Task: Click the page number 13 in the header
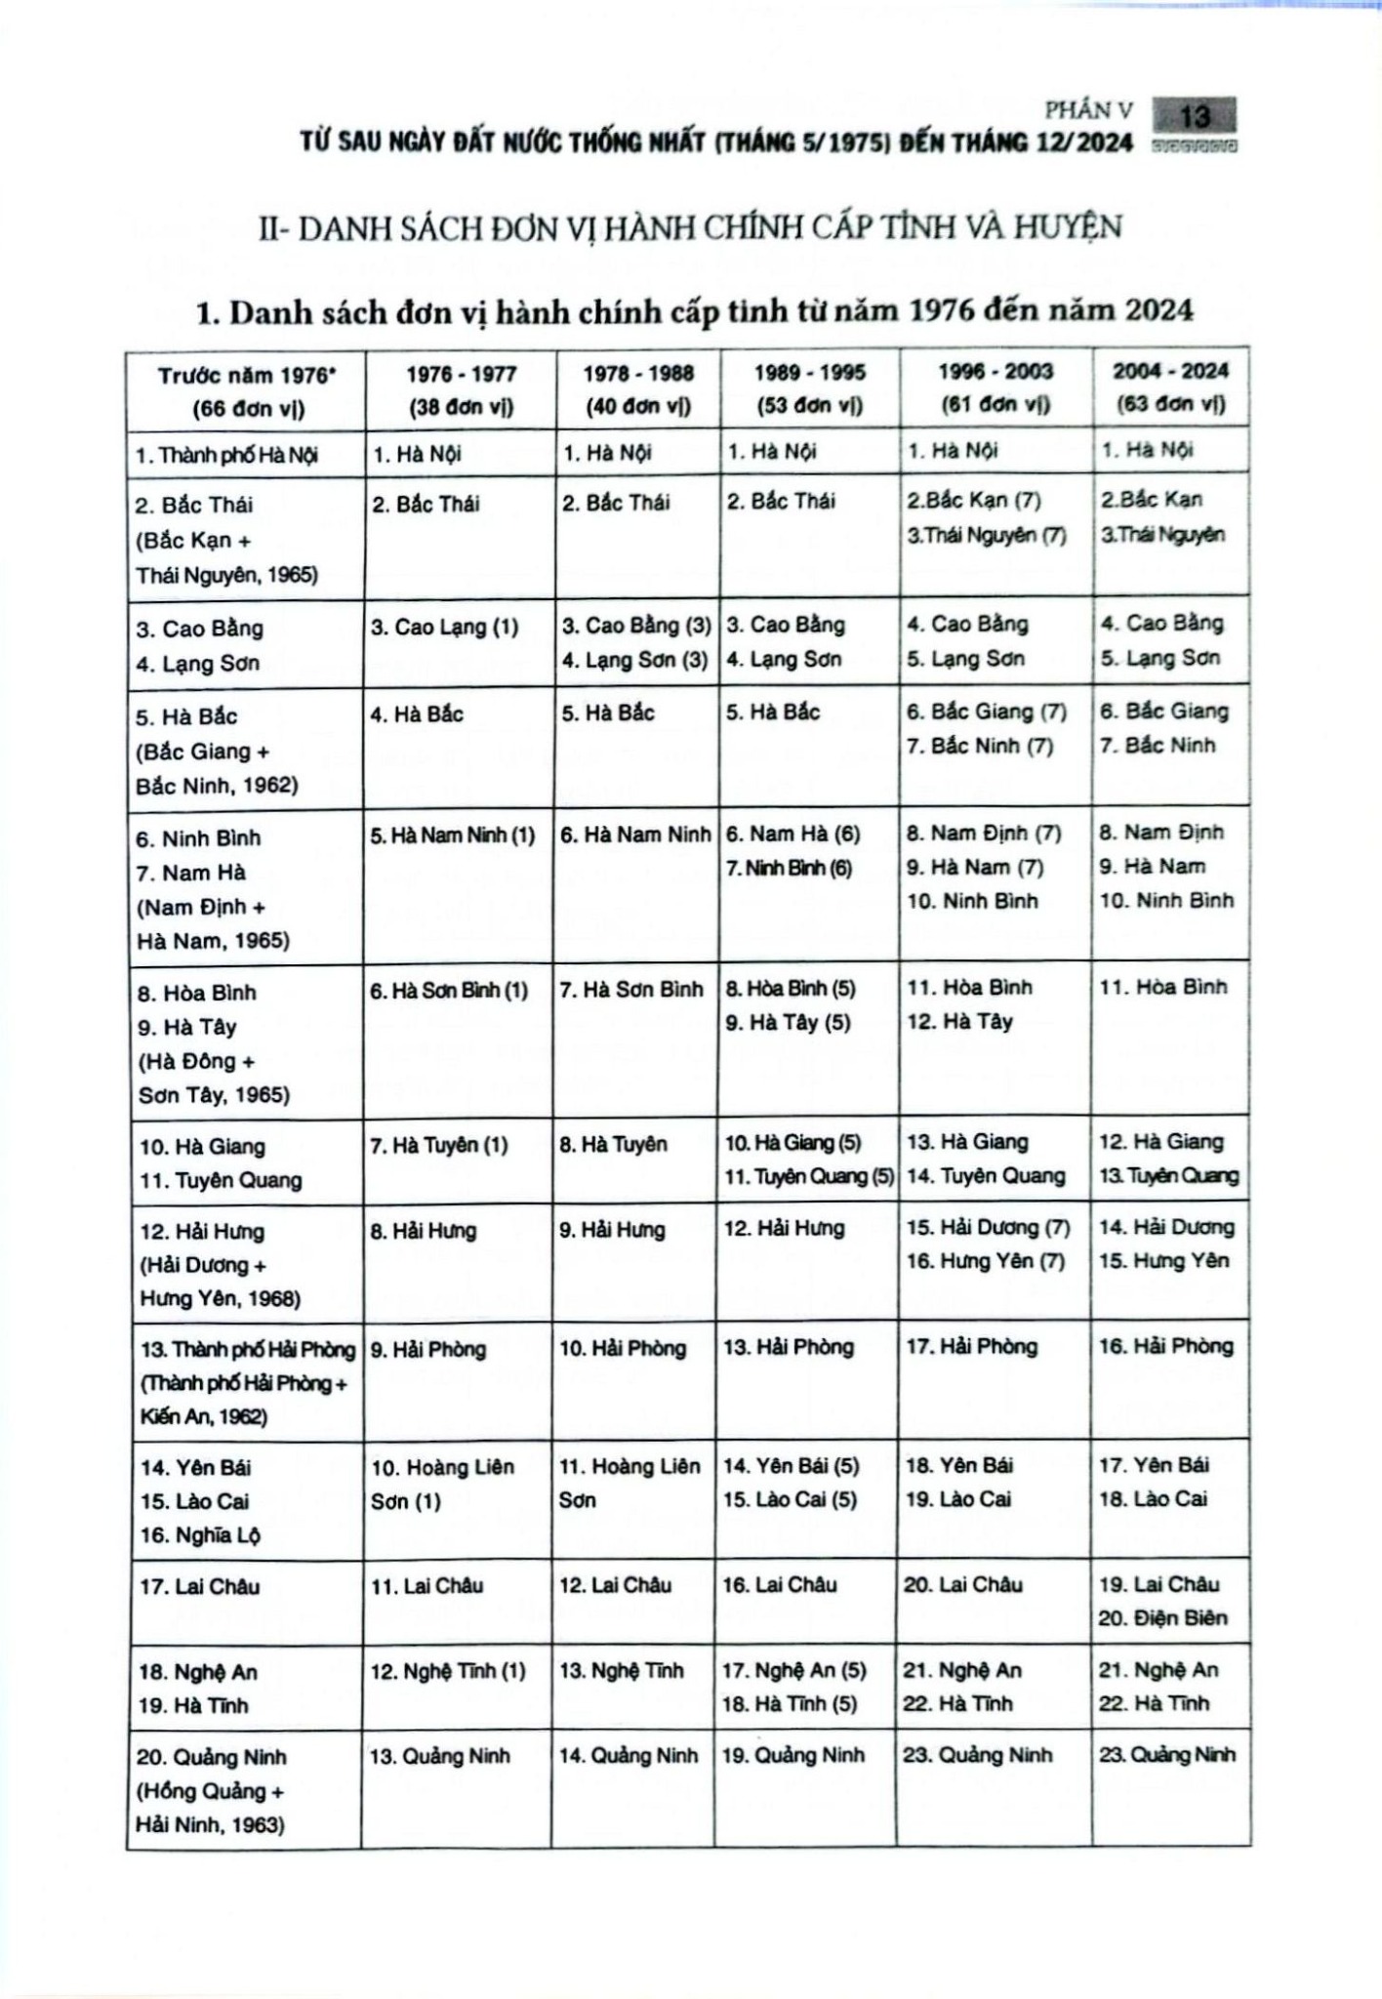pyautogui.click(x=1194, y=117)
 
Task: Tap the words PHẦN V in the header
pyautogui.click(x=1088, y=111)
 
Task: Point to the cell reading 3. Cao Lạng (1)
pyautogui.click(x=444, y=627)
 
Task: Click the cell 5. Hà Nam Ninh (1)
pyautogui.click(x=453, y=836)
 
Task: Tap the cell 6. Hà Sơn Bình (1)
pyautogui.click(x=449, y=991)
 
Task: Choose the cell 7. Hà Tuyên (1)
pyautogui.click(x=439, y=1145)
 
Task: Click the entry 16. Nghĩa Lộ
pyautogui.click(x=200, y=1535)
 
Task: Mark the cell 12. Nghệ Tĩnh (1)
pyautogui.click(x=448, y=1671)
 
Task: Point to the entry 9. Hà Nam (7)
pyautogui.click(x=975, y=867)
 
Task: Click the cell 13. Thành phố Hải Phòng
pyautogui.click(x=248, y=1350)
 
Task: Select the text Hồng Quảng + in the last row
pyautogui.click(x=210, y=1791)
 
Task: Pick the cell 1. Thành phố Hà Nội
pyautogui.click(x=226, y=455)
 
